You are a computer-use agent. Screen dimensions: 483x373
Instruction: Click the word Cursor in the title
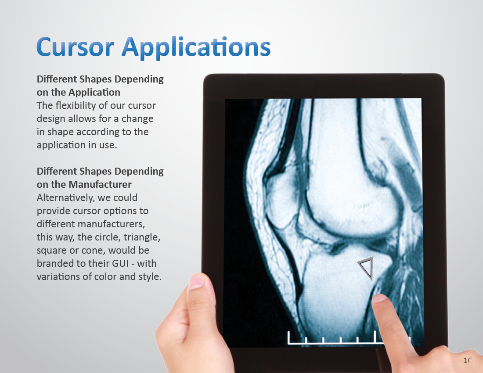[x=75, y=47]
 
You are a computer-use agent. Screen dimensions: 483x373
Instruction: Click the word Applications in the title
[x=196, y=48]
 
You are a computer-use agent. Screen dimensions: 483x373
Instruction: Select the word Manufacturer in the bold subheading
[x=100, y=184]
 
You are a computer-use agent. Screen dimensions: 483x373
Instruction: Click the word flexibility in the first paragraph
[x=76, y=106]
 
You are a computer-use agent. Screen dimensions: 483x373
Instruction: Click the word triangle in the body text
[x=142, y=237]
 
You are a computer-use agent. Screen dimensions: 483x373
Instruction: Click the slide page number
[x=468, y=360]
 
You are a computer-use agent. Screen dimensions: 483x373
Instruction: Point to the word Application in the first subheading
[x=94, y=92]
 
